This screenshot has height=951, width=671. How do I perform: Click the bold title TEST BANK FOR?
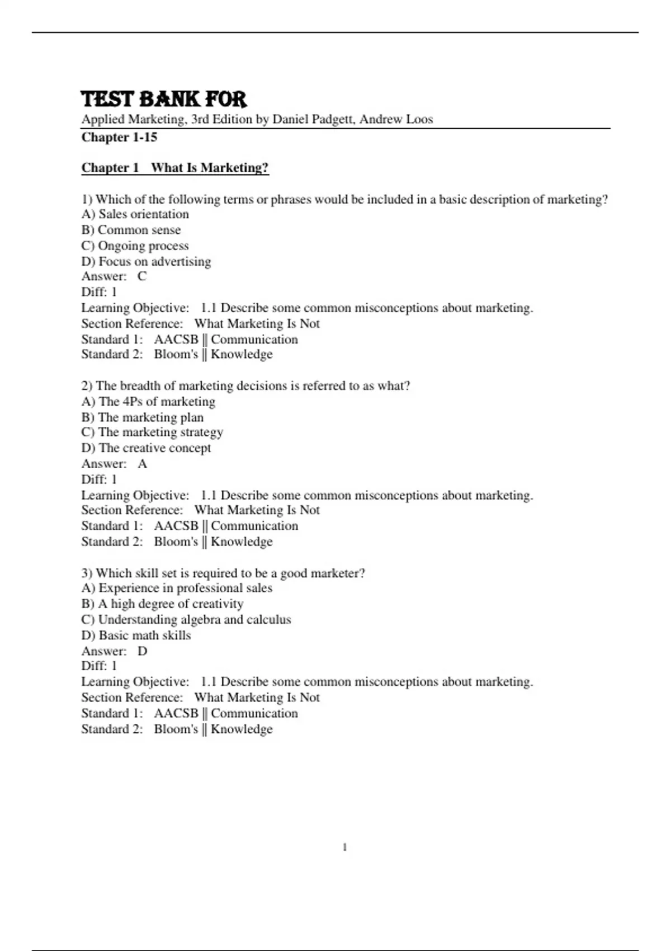click(164, 100)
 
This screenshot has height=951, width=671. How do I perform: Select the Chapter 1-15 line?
click(119, 137)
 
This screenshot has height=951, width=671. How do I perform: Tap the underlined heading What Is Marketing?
click(210, 168)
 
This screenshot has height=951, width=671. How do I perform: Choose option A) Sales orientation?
click(135, 214)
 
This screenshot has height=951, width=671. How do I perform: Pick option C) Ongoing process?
click(135, 246)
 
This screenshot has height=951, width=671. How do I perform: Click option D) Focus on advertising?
click(147, 261)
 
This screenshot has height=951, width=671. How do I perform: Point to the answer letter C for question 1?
click(142, 276)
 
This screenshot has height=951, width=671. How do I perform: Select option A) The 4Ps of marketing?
click(148, 402)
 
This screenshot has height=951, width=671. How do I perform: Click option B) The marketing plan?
click(143, 417)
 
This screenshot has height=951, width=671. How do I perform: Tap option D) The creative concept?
click(147, 448)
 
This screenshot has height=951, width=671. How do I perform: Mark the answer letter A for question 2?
click(142, 464)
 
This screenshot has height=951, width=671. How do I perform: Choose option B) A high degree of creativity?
click(163, 604)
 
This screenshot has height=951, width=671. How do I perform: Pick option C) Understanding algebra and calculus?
click(186, 620)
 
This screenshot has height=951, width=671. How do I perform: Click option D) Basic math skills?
click(136, 635)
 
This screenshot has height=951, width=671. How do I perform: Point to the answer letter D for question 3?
click(142, 651)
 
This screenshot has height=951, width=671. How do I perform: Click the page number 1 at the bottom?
click(344, 848)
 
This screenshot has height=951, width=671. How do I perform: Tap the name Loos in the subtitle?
click(420, 119)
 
